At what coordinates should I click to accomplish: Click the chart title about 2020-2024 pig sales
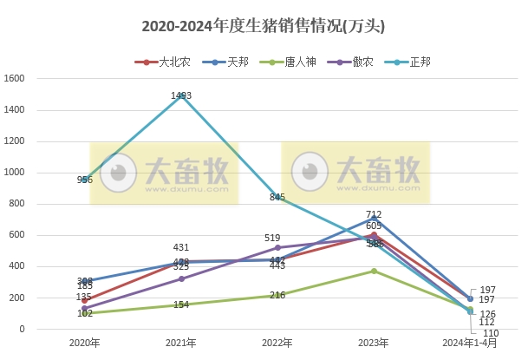click(263, 26)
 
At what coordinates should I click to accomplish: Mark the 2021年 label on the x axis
click(181, 344)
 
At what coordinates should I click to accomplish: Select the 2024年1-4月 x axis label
click(470, 344)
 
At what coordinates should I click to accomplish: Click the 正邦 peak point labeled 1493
click(181, 95)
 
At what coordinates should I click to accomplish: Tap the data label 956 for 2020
click(85, 180)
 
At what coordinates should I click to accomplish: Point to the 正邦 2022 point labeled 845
click(277, 197)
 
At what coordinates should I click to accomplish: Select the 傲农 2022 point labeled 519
click(277, 247)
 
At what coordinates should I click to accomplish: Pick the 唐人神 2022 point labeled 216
click(277, 295)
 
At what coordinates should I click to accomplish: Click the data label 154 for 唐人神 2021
click(181, 304)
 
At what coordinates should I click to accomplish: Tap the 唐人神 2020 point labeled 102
click(85, 313)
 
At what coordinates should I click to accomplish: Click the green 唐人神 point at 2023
click(374, 271)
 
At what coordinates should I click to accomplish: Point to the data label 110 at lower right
click(491, 333)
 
